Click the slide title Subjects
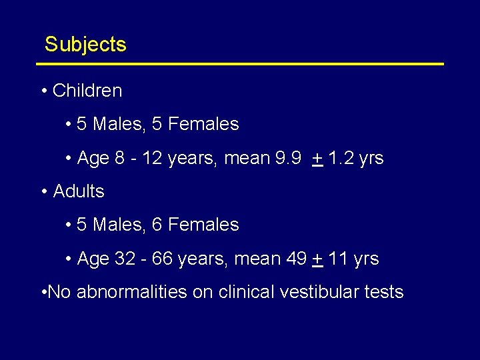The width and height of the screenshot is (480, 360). pyautogui.click(x=85, y=45)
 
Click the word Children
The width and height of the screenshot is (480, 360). pyautogui.click(x=87, y=90)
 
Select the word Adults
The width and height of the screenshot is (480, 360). pyautogui.click(x=79, y=191)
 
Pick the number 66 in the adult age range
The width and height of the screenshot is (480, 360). pyautogui.click(x=162, y=259)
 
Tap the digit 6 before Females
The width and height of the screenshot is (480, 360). pyautogui.click(x=157, y=225)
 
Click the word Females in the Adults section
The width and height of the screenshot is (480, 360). pyautogui.click(x=203, y=225)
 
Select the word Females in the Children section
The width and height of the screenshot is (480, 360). pyautogui.click(x=203, y=124)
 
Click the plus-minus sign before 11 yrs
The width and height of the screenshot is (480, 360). pyautogui.click(x=317, y=259)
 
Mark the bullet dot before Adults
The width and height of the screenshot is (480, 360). pyautogui.click(x=43, y=192)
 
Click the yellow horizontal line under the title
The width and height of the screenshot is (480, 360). pyautogui.click(x=240, y=64)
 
